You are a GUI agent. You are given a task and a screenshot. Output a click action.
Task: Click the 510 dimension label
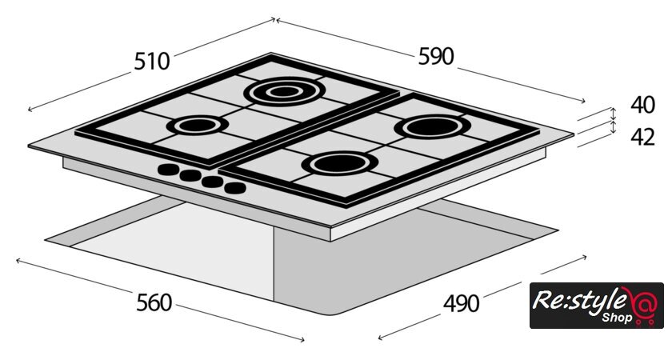click(152, 62)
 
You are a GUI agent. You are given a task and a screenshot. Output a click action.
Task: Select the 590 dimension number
click(436, 56)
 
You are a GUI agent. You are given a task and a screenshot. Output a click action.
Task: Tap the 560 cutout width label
click(154, 302)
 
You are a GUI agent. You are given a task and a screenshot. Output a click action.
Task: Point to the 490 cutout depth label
click(461, 303)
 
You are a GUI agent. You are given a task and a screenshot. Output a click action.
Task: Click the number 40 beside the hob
click(642, 105)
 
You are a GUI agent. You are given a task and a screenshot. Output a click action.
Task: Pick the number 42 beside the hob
click(642, 137)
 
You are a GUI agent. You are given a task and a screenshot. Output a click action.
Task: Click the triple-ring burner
click(285, 91)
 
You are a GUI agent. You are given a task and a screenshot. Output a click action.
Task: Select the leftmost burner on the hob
click(197, 125)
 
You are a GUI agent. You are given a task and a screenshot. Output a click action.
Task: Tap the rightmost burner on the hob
click(432, 127)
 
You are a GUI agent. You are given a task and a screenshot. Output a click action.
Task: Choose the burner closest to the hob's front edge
click(340, 163)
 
